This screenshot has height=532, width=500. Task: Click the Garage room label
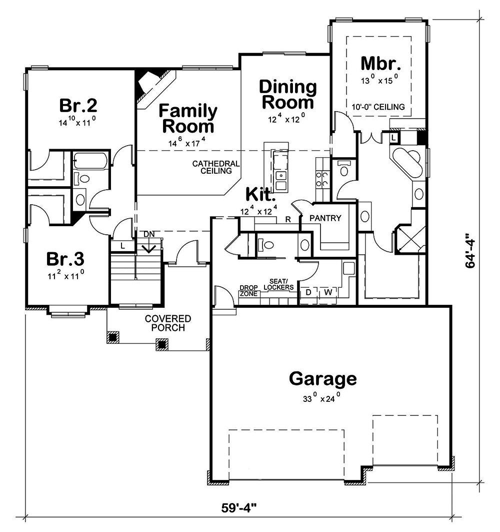(x=322, y=379)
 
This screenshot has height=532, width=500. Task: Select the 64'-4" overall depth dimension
(x=470, y=250)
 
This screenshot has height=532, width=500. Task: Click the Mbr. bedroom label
(x=380, y=64)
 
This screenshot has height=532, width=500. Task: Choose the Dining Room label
(x=287, y=94)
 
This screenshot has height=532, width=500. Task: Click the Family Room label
(x=188, y=118)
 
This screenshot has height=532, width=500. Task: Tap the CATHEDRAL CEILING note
(x=216, y=167)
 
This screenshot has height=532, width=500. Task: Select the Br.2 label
(x=78, y=106)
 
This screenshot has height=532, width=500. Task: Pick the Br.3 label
(x=65, y=259)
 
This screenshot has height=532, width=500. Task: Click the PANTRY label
(x=325, y=218)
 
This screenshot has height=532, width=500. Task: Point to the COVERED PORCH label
(x=167, y=323)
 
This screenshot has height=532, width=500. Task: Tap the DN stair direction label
(x=149, y=234)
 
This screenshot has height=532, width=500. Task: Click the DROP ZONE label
(x=248, y=291)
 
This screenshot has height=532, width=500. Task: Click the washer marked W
(x=328, y=291)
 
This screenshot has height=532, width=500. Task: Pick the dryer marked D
(x=308, y=291)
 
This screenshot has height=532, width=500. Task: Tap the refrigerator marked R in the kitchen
(x=288, y=219)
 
